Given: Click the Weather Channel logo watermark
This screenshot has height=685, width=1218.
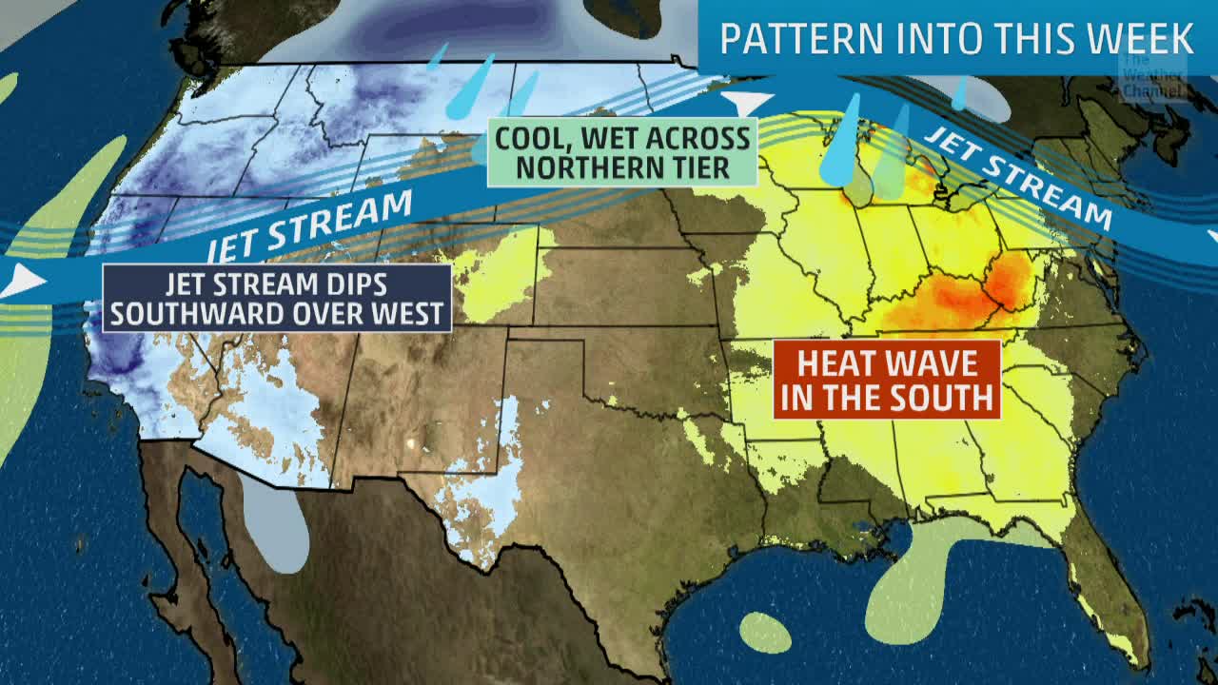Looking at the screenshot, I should [x=1152, y=77].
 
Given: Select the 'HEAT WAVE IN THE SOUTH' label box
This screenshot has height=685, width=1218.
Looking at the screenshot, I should [x=887, y=380].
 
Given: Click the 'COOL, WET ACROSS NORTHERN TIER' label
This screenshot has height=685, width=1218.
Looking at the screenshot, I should [x=622, y=152].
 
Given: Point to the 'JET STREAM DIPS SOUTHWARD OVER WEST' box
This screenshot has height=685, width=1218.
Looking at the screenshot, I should [x=277, y=298].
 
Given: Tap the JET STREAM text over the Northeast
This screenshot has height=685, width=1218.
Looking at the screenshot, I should [x=1018, y=177].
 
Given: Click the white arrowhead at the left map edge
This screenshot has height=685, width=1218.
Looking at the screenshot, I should [x=23, y=281].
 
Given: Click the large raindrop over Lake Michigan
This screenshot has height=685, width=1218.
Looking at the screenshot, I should [x=841, y=143].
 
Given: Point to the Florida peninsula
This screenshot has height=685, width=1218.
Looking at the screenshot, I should [x=1109, y=590].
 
